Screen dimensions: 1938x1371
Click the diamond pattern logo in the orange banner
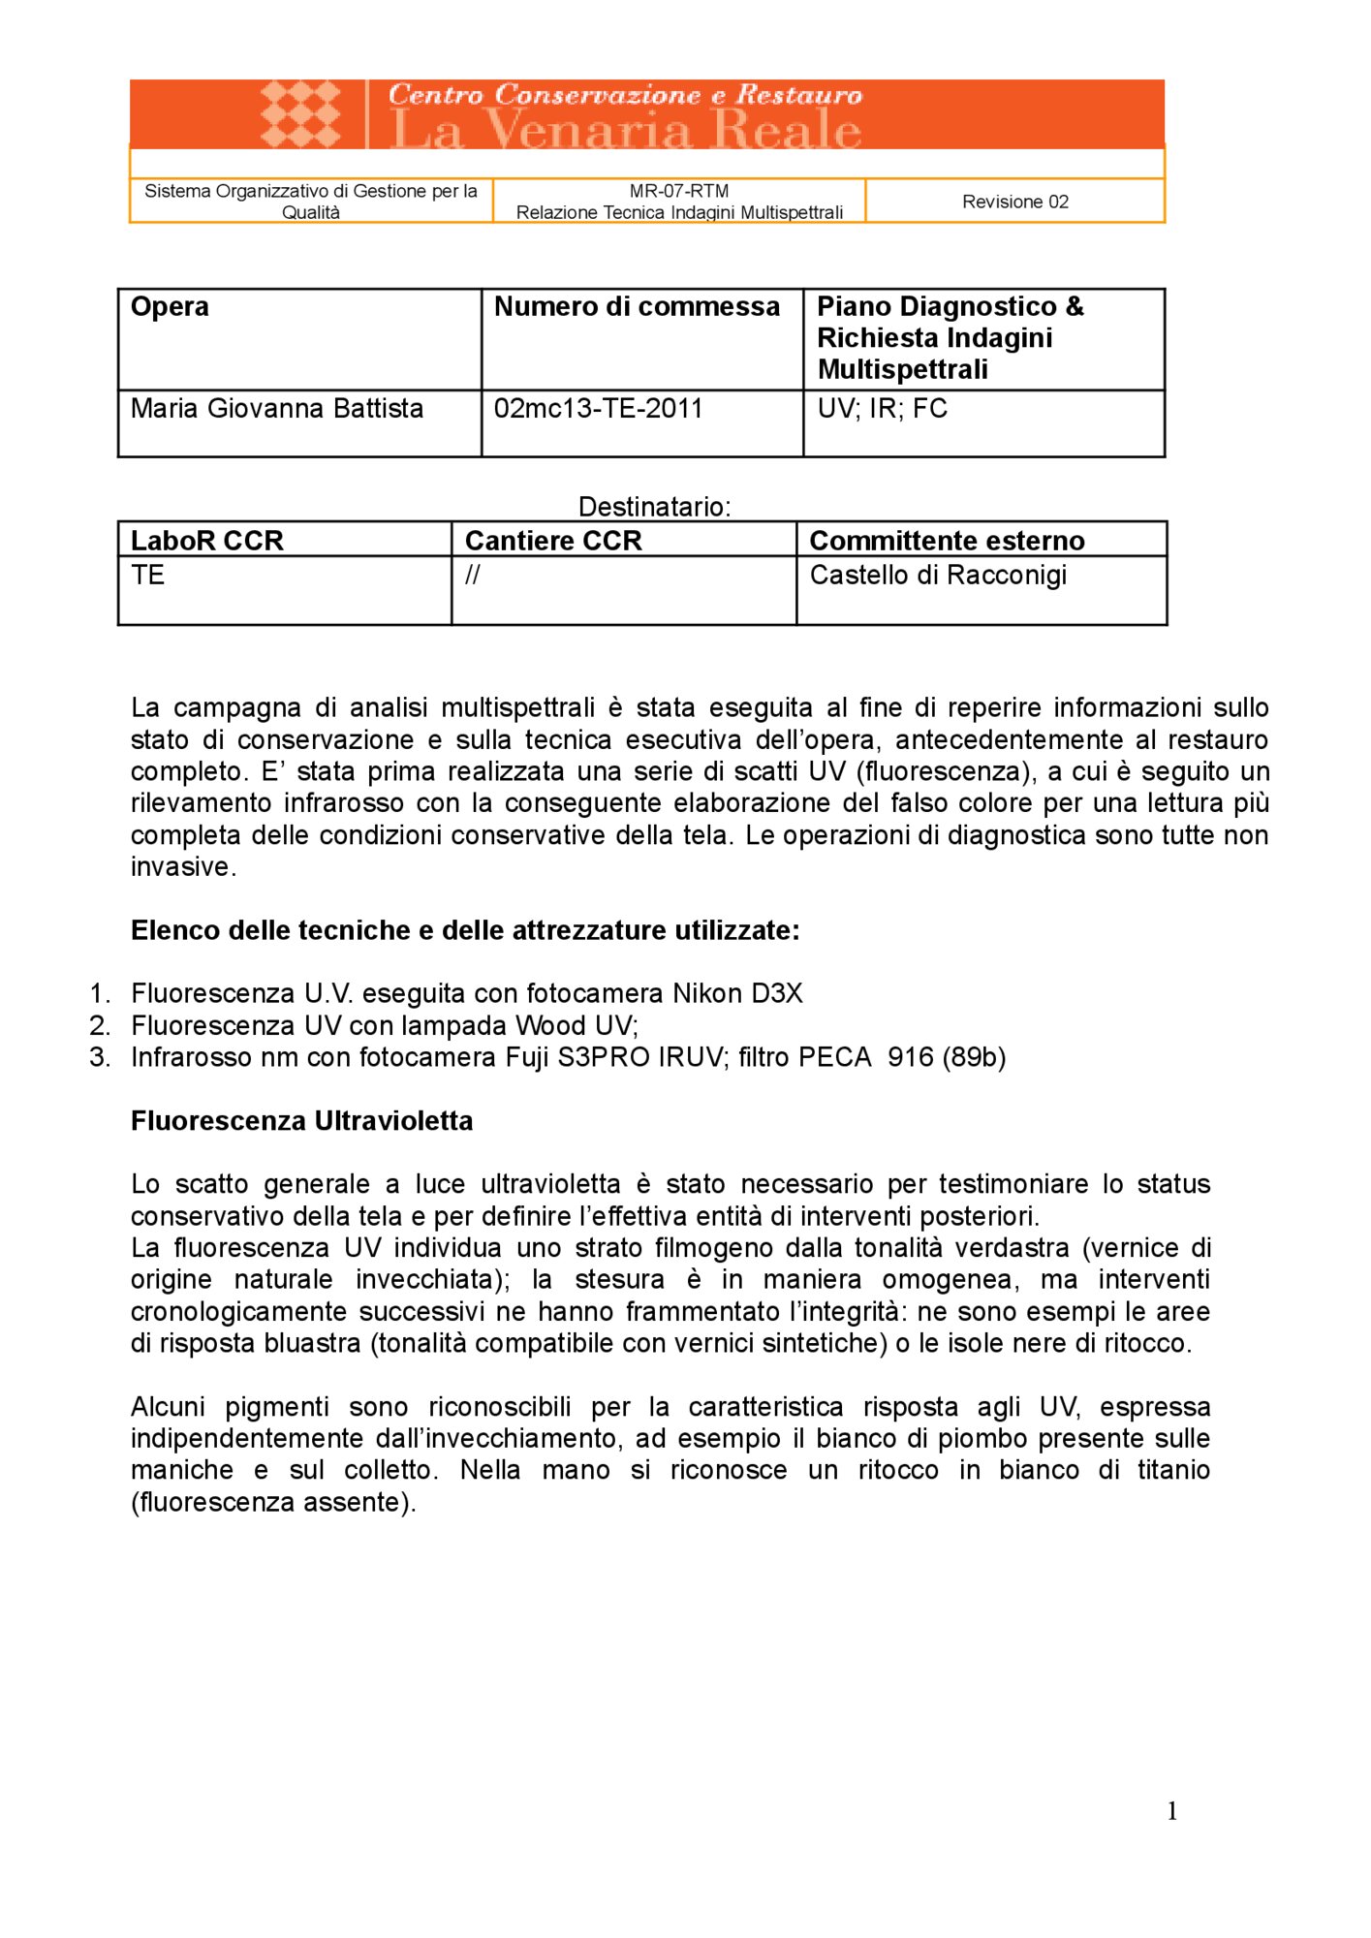pos(300,113)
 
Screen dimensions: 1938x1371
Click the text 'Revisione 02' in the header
pos(1014,202)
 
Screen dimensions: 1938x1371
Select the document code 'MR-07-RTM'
pos(678,191)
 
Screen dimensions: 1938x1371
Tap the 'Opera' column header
pos(170,306)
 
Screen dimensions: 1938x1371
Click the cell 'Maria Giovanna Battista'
pos(277,408)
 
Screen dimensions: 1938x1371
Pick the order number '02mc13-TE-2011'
pos(598,408)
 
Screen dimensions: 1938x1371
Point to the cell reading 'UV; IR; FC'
pos(882,408)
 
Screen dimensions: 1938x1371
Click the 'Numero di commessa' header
pos(637,306)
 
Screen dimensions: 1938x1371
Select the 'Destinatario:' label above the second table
pos(654,506)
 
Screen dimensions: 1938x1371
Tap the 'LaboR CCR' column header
pos(206,540)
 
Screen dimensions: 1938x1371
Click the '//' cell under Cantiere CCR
pos(472,575)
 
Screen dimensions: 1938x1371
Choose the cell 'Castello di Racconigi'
pos(937,575)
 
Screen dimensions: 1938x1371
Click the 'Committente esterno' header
pos(946,540)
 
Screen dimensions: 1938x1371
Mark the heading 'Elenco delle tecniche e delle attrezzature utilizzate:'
pos(465,930)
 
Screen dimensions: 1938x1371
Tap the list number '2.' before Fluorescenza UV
pos(100,1025)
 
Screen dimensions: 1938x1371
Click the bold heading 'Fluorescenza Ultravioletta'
pos(301,1120)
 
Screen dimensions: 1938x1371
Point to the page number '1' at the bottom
pos(1171,1811)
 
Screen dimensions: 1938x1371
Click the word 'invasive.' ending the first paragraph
pos(183,866)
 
